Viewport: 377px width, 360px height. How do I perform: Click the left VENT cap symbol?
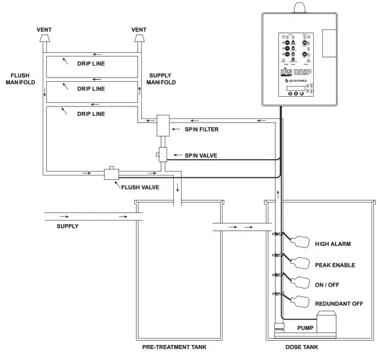(x=44, y=39)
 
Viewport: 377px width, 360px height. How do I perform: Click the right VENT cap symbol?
(x=139, y=39)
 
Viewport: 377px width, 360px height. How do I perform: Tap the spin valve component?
(x=163, y=155)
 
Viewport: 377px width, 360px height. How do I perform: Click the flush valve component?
(x=111, y=173)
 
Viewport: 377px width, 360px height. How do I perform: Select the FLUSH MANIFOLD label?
(x=19, y=78)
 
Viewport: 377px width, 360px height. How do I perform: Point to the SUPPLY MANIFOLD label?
(x=162, y=78)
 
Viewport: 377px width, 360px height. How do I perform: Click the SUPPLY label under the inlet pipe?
(x=67, y=226)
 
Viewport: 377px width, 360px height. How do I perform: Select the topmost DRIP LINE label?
(x=91, y=63)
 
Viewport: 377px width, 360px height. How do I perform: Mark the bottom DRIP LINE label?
(x=91, y=113)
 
